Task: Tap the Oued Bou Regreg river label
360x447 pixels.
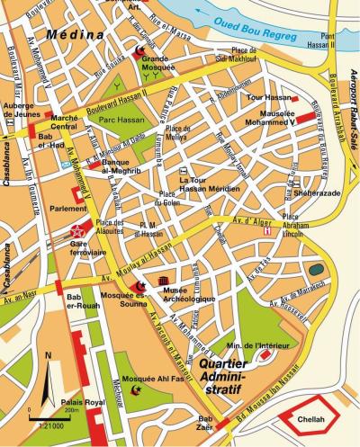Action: coord(267,24)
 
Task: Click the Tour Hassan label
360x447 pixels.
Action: coord(265,96)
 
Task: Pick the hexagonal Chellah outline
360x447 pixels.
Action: coord(310,418)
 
